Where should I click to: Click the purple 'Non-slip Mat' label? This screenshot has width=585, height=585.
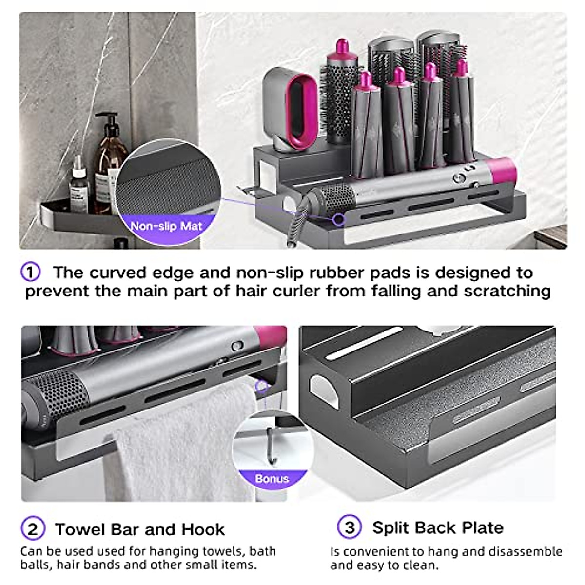[166, 226]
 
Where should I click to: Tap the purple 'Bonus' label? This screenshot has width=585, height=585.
[272, 479]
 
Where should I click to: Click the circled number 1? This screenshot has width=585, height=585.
[30, 272]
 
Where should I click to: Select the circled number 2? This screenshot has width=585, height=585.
[33, 529]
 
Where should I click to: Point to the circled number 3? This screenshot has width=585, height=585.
[350, 527]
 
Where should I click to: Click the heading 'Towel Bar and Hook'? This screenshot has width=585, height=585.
[139, 529]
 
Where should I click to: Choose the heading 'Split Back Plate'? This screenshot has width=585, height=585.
[437, 527]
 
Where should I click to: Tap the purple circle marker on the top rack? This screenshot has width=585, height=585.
[338, 219]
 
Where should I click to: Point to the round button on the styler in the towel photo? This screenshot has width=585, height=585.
[237, 346]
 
